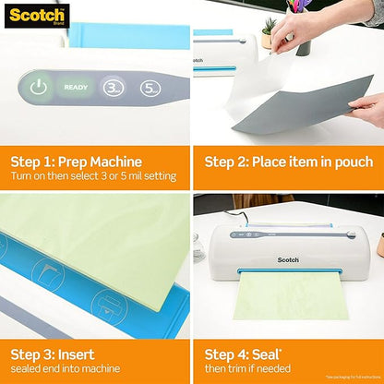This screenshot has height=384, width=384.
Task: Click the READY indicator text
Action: point(76,89)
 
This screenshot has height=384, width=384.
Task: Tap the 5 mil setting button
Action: point(150,89)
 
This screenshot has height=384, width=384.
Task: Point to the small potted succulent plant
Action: point(269,32)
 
